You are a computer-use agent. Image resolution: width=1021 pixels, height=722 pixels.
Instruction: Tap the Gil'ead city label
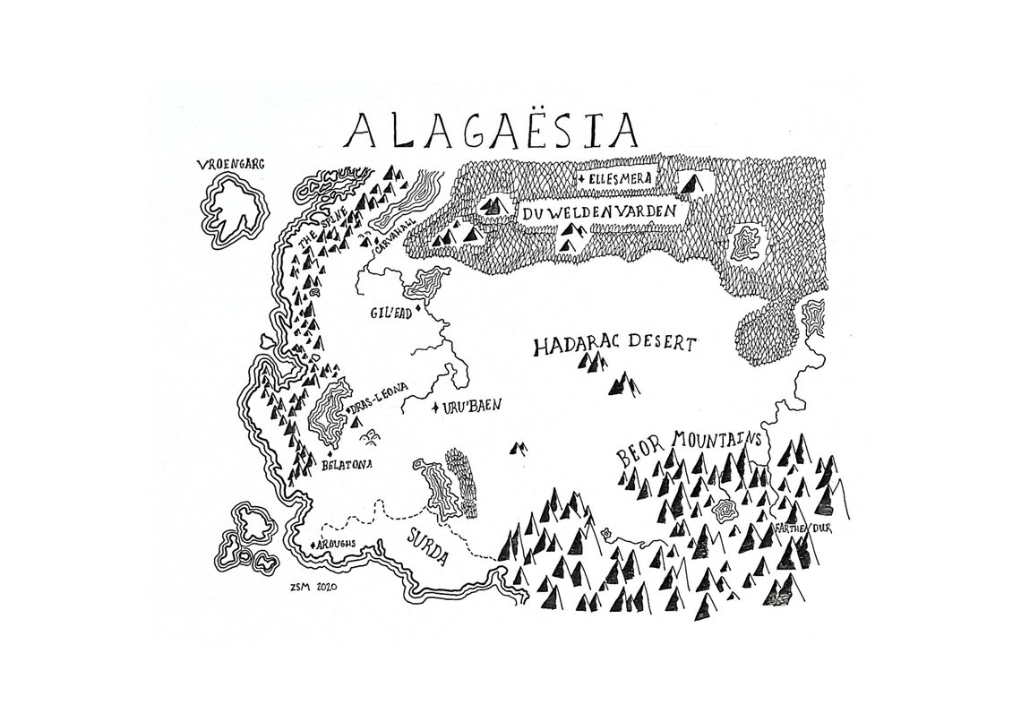click(392, 314)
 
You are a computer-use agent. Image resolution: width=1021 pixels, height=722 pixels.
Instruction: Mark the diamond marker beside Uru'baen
click(436, 408)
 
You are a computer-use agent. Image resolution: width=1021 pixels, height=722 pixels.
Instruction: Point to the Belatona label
click(346, 464)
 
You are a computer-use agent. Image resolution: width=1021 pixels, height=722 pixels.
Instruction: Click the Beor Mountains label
click(688, 445)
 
